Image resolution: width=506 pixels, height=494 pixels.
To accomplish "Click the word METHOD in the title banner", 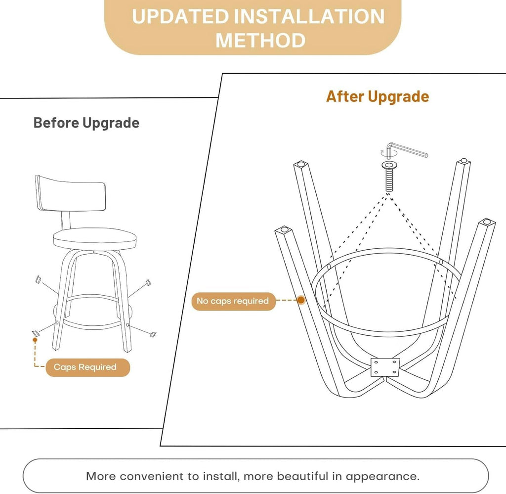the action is tap(260, 41).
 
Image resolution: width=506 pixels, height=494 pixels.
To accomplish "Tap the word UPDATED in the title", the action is tap(180, 16).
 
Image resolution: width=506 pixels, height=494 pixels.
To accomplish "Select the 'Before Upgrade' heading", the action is tap(86, 123).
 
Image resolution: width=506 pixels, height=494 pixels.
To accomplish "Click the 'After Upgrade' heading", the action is tap(378, 96).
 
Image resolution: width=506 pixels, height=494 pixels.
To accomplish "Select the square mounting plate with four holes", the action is tap(385, 367).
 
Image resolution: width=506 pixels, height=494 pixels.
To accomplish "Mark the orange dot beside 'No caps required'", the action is tap(301, 300).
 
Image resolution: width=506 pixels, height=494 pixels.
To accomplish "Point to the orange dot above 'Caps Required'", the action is tap(35, 340).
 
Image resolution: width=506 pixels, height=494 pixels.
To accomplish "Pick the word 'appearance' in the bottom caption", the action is tap(382, 477).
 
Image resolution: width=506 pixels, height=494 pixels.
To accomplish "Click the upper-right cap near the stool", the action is tap(148, 282).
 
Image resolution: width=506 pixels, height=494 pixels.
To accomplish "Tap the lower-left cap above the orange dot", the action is tap(35, 333).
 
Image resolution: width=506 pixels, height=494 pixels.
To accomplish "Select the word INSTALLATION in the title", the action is tap(309, 16).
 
